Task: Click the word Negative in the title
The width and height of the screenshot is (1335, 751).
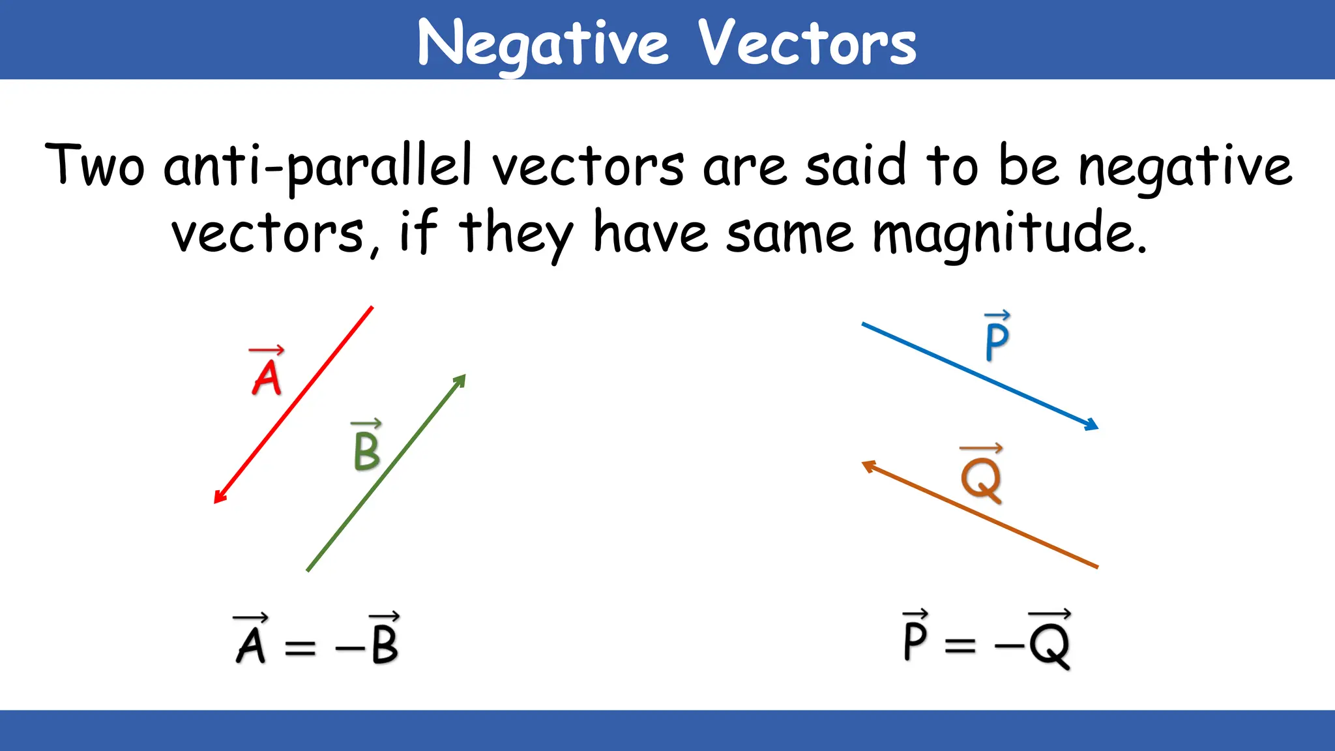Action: tap(543, 44)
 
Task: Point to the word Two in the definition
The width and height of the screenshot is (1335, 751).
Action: tap(95, 166)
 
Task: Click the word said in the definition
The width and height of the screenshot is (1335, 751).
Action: tap(855, 166)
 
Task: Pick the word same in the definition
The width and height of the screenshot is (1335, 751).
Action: tap(789, 235)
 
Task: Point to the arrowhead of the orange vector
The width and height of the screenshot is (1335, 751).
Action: tap(868, 465)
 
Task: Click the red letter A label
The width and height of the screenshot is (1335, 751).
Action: tap(267, 378)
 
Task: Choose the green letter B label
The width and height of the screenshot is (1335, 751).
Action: tap(366, 451)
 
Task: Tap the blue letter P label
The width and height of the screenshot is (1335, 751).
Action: tap(997, 342)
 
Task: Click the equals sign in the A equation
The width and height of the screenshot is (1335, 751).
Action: tap(301, 647)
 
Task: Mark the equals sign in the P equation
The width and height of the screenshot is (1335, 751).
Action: tap(960, 645)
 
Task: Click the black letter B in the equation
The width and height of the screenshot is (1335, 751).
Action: tap(385, 644)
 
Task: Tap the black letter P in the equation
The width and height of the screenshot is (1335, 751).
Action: tap(915, 640)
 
